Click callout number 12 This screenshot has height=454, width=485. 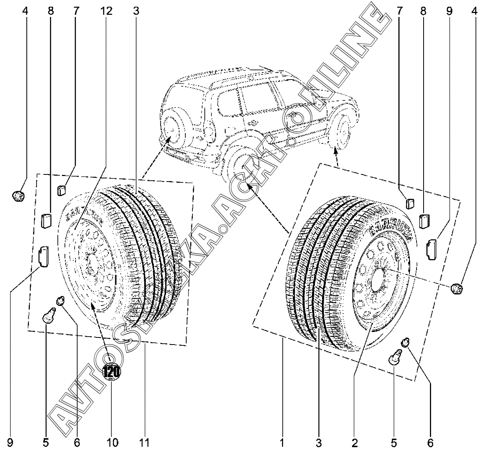coord(106,11)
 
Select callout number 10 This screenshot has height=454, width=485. coord(112,443)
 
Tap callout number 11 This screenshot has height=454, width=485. coord(144,443)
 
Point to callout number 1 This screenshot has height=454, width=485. coord(282,443)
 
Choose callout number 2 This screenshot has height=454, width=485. coord(355,443)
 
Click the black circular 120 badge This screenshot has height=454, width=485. coord(112,371)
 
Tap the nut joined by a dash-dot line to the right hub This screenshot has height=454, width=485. coord(457,289)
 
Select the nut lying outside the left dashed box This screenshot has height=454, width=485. coord(19,195)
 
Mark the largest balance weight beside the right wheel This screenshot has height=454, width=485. coord(431,248)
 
